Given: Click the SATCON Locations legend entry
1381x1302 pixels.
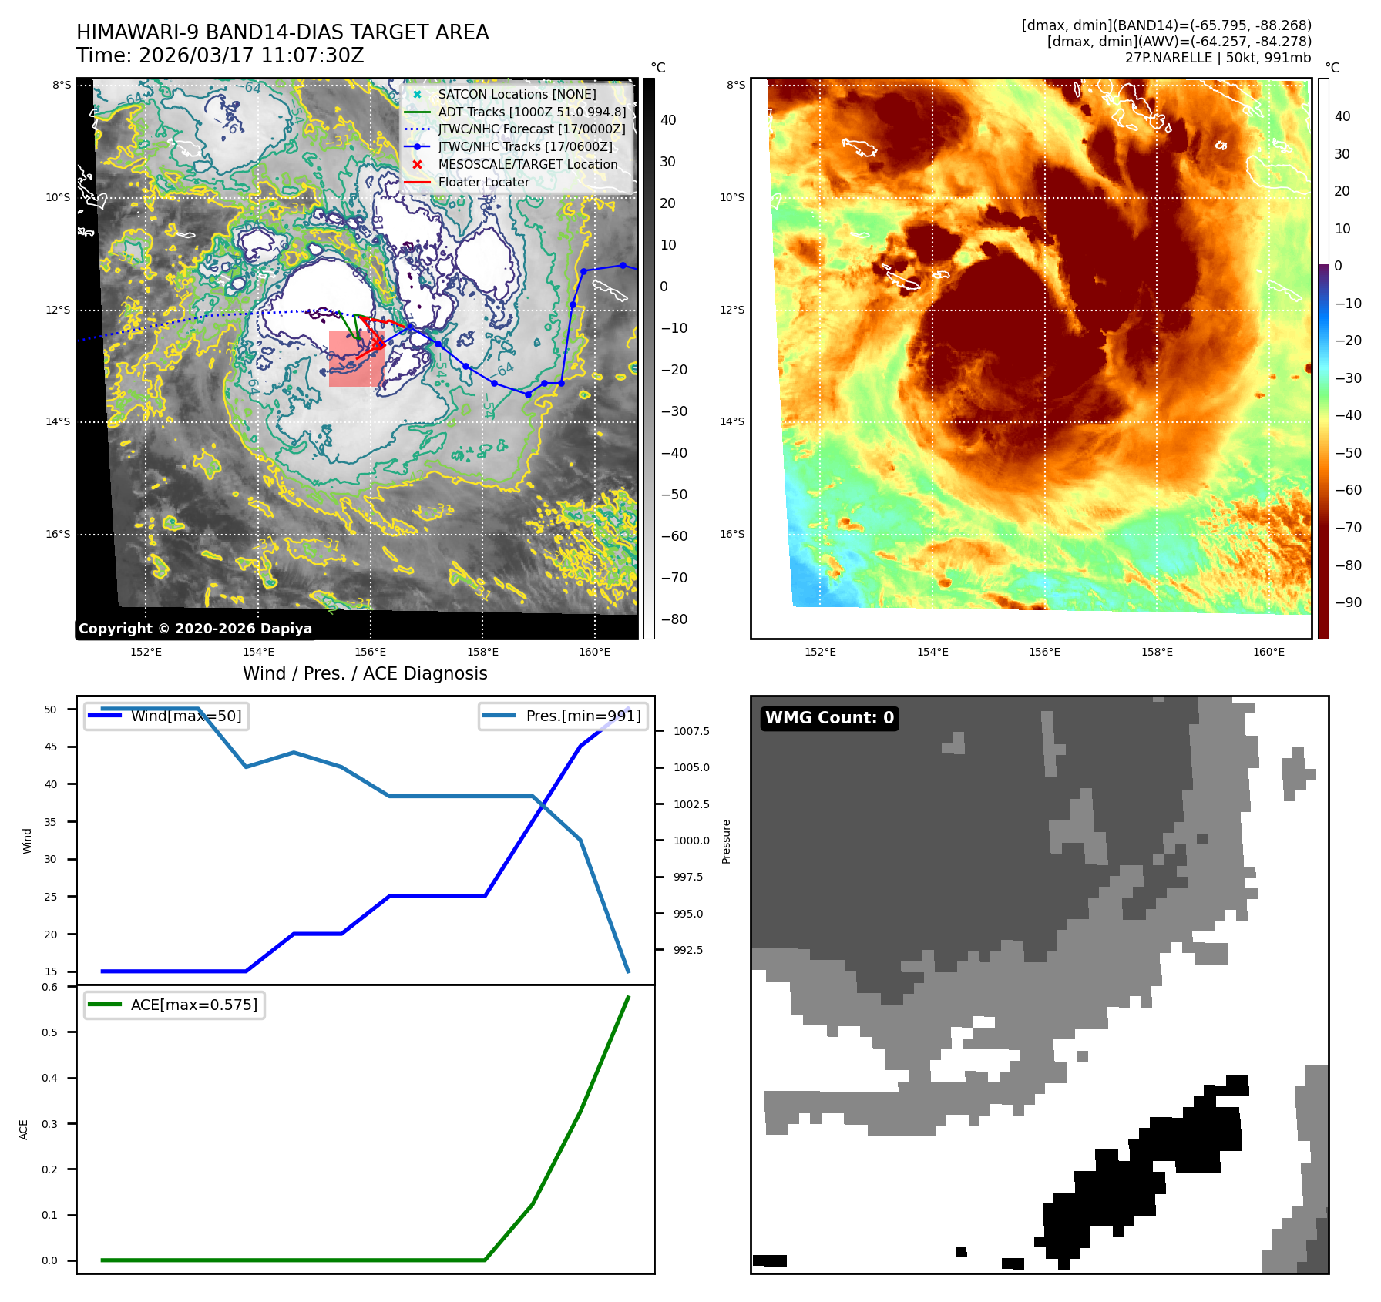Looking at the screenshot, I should point(516,94).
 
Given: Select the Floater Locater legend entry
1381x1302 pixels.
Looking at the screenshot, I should point(483,182).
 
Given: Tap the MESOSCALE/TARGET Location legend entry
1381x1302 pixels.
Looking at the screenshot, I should point(527,164).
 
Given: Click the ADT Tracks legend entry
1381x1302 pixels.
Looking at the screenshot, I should point(531,112).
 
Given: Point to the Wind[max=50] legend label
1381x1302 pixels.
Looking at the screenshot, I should point(186,716).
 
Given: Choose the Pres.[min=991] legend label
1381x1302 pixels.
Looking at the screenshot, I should point(583,716).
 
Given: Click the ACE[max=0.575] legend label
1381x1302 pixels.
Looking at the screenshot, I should point(193,1005).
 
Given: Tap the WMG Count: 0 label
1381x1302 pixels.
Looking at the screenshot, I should point(829,718).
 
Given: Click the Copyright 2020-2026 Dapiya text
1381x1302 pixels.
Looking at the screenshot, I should point(195,629).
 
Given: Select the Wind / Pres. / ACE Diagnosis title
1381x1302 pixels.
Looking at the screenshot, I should point(365,673).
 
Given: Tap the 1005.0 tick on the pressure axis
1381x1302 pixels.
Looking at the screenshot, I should point(691,767).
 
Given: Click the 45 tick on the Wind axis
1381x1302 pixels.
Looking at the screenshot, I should point(51,747).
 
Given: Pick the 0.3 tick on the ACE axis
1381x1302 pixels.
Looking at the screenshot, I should point(49,1123).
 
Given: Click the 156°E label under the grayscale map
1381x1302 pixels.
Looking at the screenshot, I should point(370,652).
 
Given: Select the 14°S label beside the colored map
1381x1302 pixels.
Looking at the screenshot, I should point(732,421).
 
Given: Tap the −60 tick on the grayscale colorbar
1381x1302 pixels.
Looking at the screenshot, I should point(674,536).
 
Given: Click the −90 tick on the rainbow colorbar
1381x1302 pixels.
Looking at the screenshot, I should point(1348,602).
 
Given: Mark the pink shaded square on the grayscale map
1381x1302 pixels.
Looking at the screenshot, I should point(356,358).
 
